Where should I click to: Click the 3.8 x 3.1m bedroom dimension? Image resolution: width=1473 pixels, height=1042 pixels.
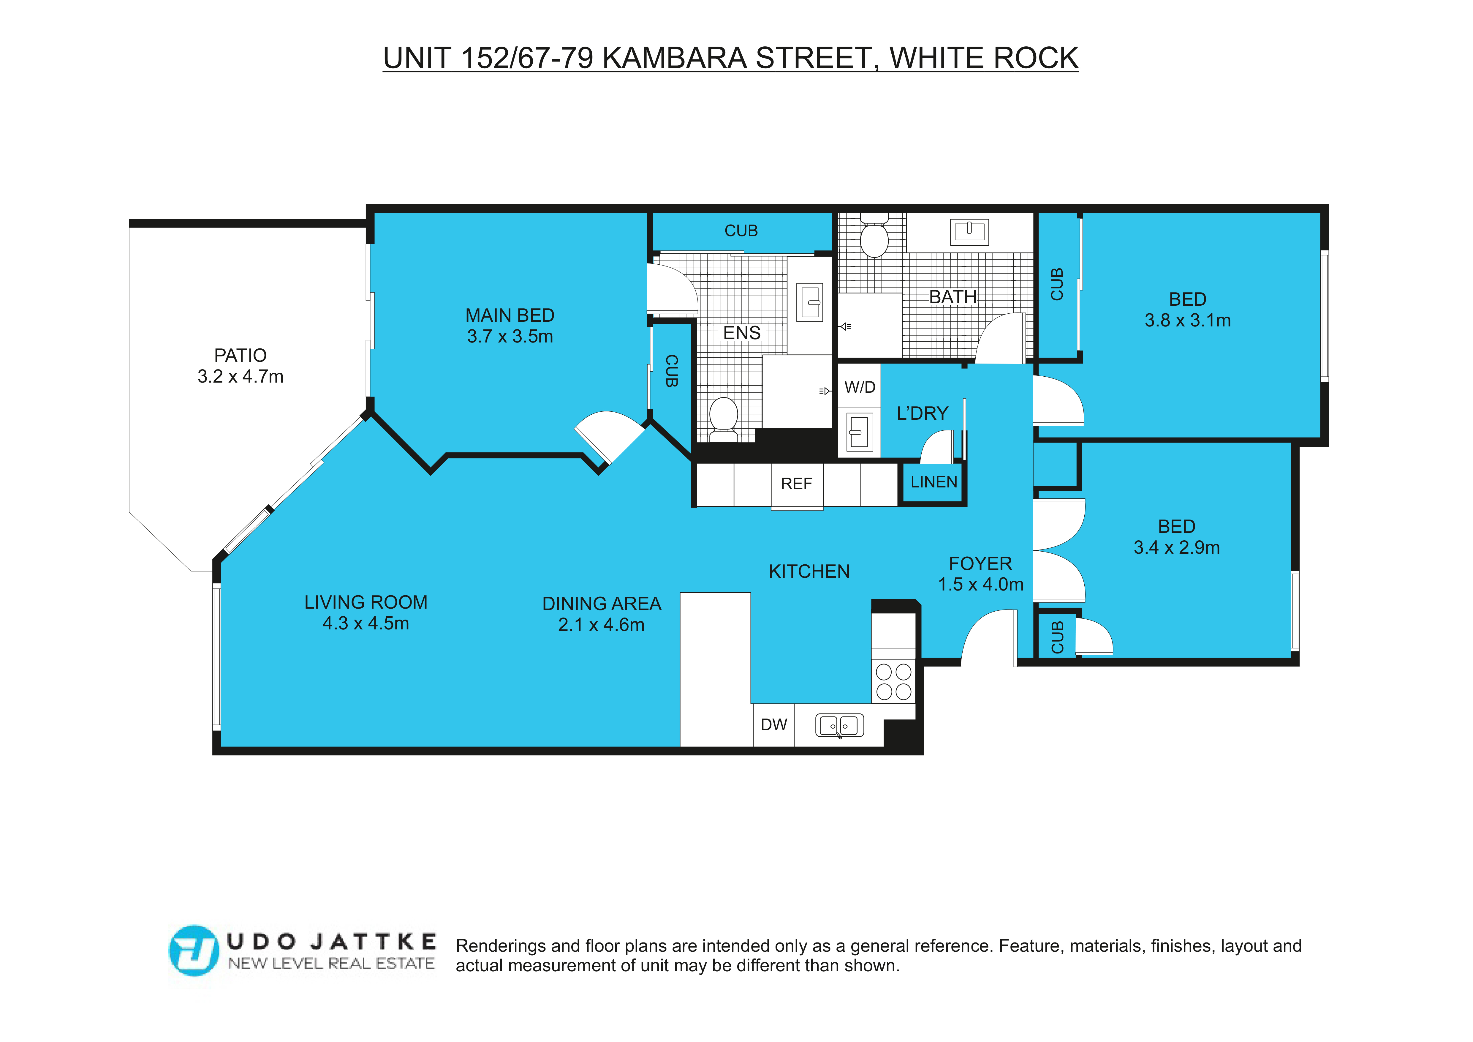(1187, 320)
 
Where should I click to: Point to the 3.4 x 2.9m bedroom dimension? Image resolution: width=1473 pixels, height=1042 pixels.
(1177, 547)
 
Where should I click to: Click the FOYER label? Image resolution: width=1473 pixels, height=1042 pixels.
(980, 563)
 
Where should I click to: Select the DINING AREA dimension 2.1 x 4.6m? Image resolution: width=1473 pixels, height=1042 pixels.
(601, 624)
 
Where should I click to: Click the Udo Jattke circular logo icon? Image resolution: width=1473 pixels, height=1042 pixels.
(193, 950)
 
